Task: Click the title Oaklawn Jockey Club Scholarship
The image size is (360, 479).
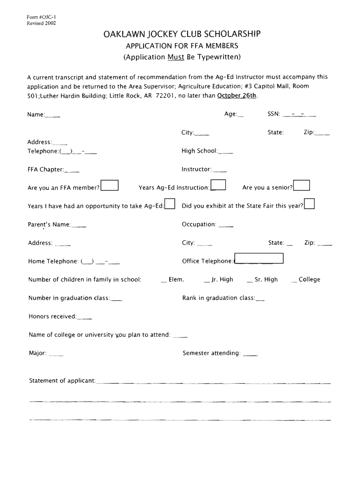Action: click(x=182, y=34)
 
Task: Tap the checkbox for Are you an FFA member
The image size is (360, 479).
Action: click(x=110, y=186)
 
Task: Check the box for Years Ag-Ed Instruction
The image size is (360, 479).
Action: click(x=218, y=186)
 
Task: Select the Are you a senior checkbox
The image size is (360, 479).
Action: click(x=302, y=186)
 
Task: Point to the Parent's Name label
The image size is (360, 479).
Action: click(x=50, y=225)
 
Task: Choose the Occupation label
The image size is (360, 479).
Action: click(x=199, y=225)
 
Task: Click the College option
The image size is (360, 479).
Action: click(x=309, y=279)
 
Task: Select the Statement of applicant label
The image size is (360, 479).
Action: click(x=62, y=380)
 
